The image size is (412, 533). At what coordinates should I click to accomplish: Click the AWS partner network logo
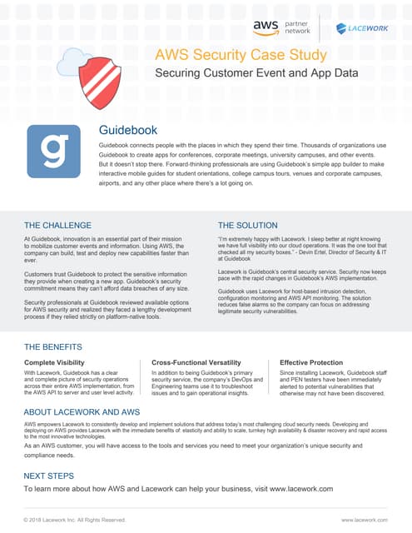[281, 28]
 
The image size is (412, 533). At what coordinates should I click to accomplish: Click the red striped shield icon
[99, 84]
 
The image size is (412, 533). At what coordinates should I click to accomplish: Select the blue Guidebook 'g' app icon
[53, 151]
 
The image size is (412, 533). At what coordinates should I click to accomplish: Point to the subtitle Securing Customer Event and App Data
[256, 73]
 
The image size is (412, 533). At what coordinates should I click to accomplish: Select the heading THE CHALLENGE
[57, 225]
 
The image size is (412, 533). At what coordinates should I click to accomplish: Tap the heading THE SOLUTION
[248, 225]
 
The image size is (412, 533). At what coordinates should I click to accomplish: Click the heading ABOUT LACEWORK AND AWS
[82, 412]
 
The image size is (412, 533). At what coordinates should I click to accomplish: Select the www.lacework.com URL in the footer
[365, 520]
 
